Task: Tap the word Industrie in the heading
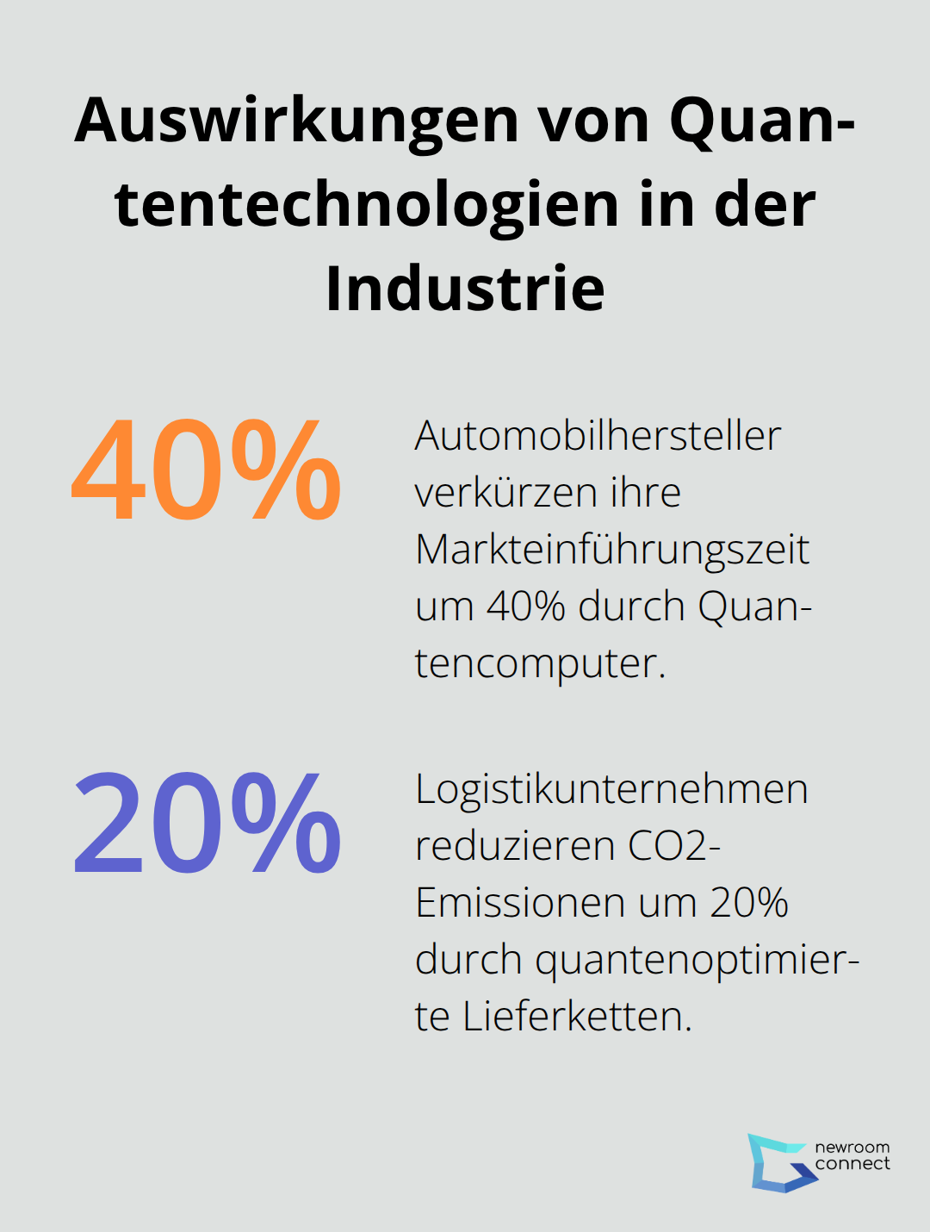click(465, 289)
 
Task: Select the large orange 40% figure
click(207, 470)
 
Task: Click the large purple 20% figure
click(207, 823)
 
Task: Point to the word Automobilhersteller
click(598, 436)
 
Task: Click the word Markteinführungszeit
click(612, 550)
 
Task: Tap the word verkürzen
click(505, 493)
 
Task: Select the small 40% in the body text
click(525, 607)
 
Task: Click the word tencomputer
click(540, 663)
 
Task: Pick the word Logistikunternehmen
click(611, 789)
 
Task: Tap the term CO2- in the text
click(674, 846)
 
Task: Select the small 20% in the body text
click(749, 903)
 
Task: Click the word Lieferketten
click(577, 1017)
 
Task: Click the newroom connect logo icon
click(779, 1162)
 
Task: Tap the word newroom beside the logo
click(852, 1147)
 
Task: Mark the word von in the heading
click(595, 121)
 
